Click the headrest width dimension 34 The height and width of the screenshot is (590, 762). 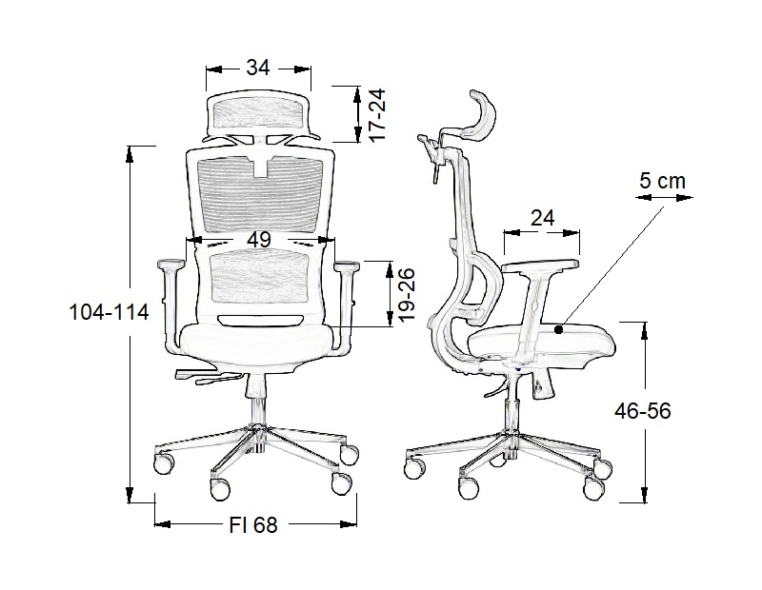pos(257,68)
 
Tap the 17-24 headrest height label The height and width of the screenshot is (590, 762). pos(377,114)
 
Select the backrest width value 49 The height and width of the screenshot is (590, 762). pos(259,240)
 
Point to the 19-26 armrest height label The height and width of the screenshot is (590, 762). pos(407,294)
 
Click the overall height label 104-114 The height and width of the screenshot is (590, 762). pos(110,312)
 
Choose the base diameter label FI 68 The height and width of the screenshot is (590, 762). pos(253,525)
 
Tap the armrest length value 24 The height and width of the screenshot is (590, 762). pos(542,218)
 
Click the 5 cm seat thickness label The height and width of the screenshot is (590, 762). pos(662,181)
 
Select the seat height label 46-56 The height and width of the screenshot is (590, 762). pos(642,411)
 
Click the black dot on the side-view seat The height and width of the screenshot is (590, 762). pos(559,329)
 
